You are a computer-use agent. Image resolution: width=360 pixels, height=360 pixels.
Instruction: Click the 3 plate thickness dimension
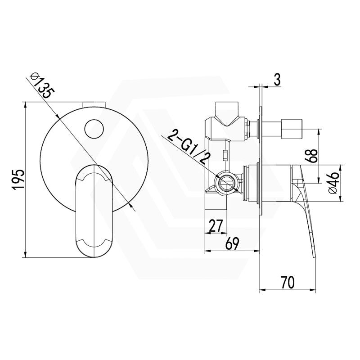click(x=277, y=80)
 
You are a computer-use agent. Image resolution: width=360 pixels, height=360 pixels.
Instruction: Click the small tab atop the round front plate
click(x=94, y=104)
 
